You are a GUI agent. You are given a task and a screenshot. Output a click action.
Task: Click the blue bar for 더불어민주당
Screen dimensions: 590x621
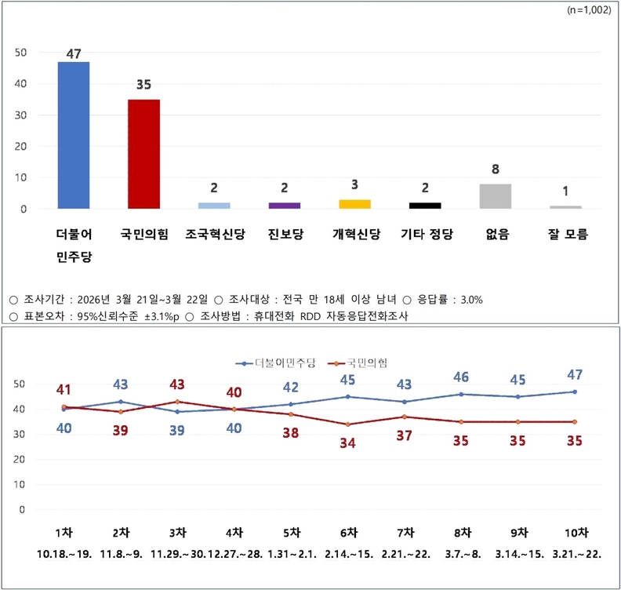74,135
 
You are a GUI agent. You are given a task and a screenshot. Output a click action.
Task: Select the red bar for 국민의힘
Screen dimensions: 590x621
143,154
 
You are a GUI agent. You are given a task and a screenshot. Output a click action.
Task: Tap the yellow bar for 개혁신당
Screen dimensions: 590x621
354,204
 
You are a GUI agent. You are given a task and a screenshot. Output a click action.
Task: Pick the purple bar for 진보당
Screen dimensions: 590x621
285,206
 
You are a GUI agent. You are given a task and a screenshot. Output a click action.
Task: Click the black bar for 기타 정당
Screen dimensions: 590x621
425,206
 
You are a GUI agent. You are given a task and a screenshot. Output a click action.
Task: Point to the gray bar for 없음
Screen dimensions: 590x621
495,196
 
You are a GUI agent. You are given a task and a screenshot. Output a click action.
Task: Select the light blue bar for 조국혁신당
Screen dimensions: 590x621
214,206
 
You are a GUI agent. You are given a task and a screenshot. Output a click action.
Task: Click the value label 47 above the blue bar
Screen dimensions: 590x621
74,53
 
